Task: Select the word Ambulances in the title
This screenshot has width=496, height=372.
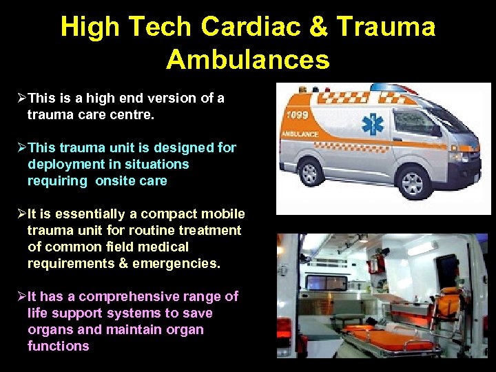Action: [248, 60]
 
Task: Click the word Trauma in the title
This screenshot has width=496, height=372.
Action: [386, 27]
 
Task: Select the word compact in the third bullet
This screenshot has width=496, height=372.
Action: [149, 214]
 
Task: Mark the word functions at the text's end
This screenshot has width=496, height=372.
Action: [59, 347]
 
